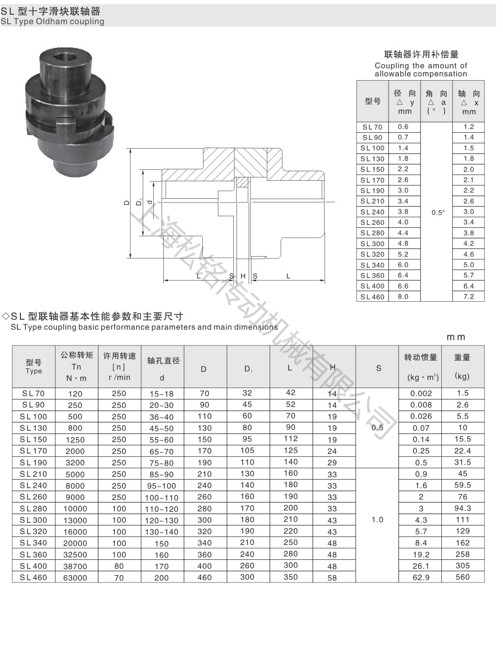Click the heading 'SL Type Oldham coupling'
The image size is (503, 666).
[x=52, y=21]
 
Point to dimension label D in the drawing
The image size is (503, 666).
[x=127, y=203]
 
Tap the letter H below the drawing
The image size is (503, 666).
[x=243, y=276]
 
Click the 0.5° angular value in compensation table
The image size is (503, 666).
[x=438, y=213]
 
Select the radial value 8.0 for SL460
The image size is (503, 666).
[x=403, y=296]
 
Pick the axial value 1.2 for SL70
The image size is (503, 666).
[x=468, y=127]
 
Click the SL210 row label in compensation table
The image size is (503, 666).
[x=372, y=201]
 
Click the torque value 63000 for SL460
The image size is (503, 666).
[x=75, y=578]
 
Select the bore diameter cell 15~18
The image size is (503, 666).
[x=162, y=394]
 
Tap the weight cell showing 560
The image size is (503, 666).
[x=462, y=577]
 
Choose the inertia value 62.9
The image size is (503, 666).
[x=421, y=577]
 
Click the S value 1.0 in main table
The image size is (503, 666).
[x=377, y=520]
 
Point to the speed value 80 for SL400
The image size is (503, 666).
[x=119, y=566]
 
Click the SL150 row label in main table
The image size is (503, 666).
[x=34, y=439]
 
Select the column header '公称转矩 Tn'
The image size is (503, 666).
[x=76, y=366]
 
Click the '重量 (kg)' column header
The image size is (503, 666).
[x=462, y=366]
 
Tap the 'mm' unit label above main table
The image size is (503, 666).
[x=456, y=337]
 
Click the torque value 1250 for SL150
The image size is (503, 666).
[x=75, y=440]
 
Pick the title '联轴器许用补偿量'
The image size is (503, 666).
[x=421, y=55]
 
